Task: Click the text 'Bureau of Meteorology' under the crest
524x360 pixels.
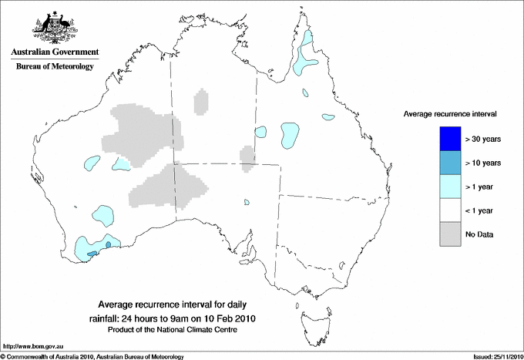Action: [54, 67]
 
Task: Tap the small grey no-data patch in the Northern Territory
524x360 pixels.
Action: [201, 101]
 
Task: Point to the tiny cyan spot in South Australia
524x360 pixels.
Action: [247, 204]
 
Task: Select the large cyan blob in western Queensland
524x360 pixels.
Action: [291, 135]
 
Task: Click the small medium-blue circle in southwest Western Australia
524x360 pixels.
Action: [109, 244]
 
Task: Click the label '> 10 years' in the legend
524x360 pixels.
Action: [483, 163]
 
